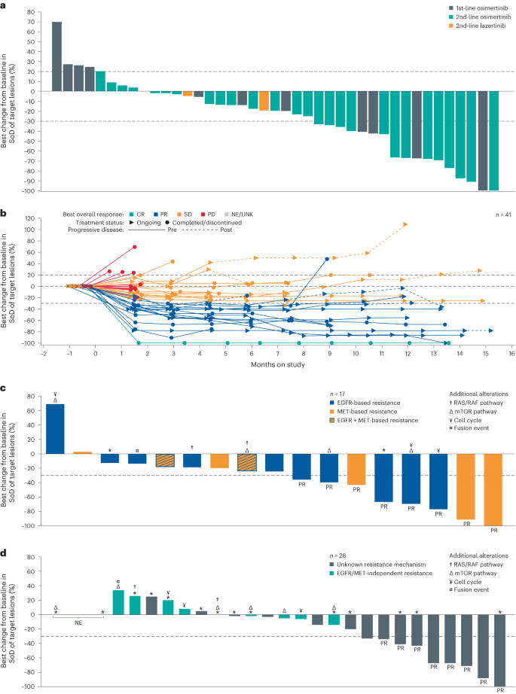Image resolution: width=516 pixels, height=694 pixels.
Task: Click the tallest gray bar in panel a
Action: (x=56, y=56)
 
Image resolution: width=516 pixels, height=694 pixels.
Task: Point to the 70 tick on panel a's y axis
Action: (x=36, y=22)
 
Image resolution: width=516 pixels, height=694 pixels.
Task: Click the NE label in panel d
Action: (x=78, y=623)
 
